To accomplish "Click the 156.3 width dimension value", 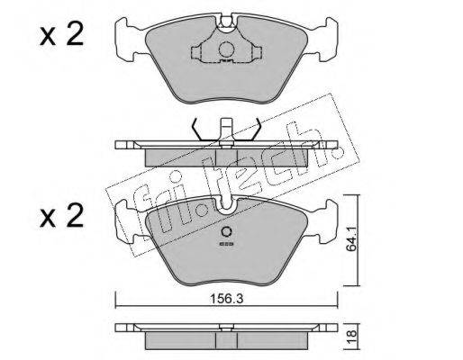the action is click(226, 299).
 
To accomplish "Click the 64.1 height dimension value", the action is click(352, 238).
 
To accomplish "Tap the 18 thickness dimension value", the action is click(352, 333).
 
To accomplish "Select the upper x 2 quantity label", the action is click(61, 35).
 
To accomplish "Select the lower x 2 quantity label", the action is click(61, 216).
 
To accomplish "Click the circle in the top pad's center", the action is click(226, 49).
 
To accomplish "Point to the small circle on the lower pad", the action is click(226, 232).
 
